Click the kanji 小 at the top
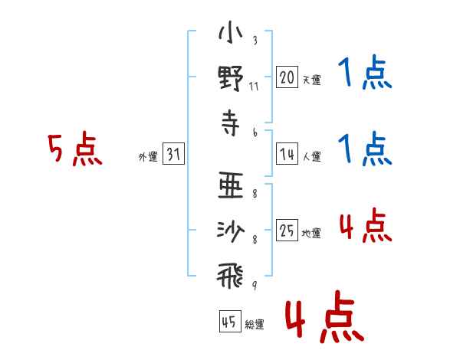[231, 32]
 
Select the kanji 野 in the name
[231, 78]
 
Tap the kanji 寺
[231, 123]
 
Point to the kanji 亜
[231, 185]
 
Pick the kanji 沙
[231, 231]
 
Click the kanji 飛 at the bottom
[231, 277]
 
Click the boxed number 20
[287, 77]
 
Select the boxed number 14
[287, 154]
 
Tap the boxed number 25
[287, 230]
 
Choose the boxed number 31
[173, 154]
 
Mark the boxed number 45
[230, 321]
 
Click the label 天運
[312, 80]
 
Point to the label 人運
[312, 156]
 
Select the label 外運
[148, 157]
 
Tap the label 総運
[255, 324]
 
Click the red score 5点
[75, 149]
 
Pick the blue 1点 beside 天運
[365, 72]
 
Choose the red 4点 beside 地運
[365, 225]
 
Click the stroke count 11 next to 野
[254, 87]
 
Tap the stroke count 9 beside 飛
[255, 285]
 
